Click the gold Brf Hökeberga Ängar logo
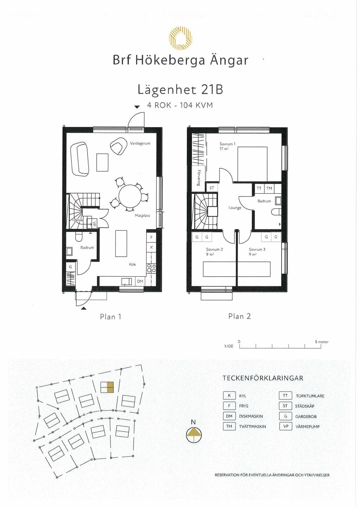[180, 38]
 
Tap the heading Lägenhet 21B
[180, 90]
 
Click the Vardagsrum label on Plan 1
[140, 143]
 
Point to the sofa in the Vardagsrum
[80, 159]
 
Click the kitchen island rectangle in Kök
[121, 243]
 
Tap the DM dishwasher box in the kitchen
[140, 281]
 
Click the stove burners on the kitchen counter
[152, 268]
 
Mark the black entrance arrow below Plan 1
[84, 308]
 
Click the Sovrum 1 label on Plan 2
[227, 144]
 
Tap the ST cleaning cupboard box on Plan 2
[212, 188]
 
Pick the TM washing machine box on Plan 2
[269, 188]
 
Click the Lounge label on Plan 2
[235, 208]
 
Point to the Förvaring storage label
[199, 178]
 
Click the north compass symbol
[193, 436]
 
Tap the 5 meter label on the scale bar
[322, 342]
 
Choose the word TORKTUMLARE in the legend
[310, 396]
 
